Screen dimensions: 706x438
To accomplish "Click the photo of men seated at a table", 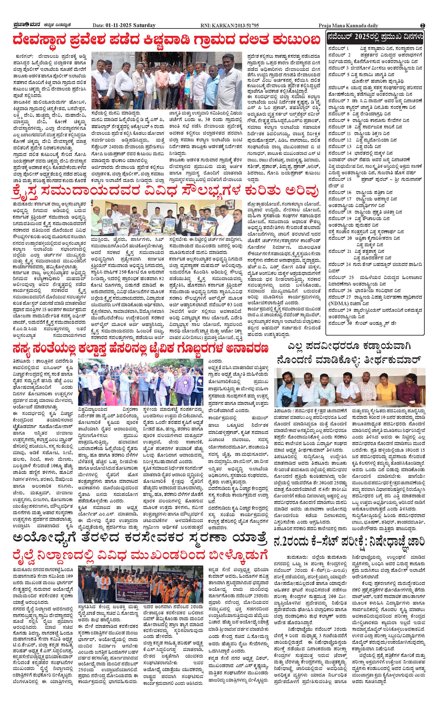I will (350, 387).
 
